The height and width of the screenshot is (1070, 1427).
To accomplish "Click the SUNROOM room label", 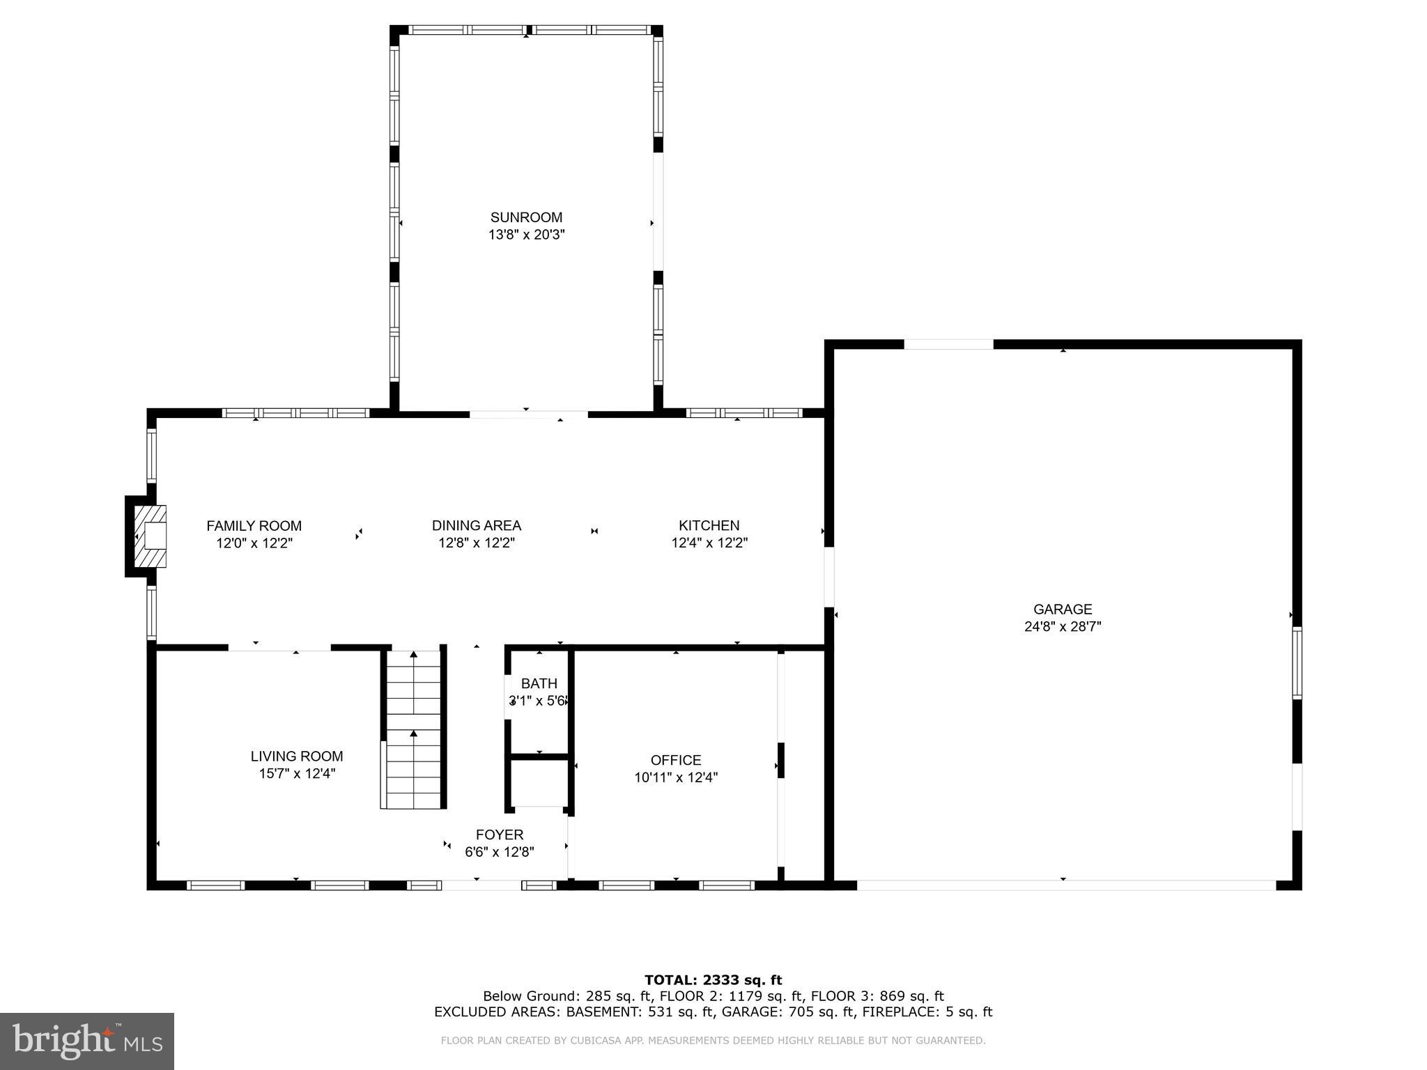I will (x=526, y=217).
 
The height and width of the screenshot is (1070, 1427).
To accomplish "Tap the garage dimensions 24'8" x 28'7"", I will (x=1062, y=626).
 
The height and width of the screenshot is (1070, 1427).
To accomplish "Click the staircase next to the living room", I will (x=414, y=729).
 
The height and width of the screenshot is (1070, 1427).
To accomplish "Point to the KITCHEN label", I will (x=709, y=525).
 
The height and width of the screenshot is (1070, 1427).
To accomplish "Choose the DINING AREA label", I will (x=476, y=525).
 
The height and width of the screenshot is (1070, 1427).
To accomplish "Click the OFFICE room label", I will (x=675, y=760).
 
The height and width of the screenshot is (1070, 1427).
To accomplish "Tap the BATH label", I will (x=539, y=683).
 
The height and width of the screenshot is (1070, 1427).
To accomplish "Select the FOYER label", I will (x=499, y=835).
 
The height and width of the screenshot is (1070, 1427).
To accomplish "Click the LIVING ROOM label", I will (x=297, y=756).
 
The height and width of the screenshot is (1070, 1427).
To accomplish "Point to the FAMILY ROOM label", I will (x=254, y=525).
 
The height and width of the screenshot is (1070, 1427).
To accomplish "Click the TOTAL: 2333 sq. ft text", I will (x=713, y=980).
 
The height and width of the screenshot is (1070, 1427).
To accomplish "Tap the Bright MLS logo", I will (x=87, y=1041).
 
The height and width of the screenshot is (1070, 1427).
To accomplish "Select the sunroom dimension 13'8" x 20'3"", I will (x=526, y=235).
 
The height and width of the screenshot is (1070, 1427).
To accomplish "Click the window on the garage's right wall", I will (x=1297, y=662).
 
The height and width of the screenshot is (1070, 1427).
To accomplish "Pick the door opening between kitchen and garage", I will (x=829, y=577).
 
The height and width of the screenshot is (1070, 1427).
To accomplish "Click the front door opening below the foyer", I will (x=481, y=885).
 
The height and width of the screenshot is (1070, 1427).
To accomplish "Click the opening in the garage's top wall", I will (x=948, y=344).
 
